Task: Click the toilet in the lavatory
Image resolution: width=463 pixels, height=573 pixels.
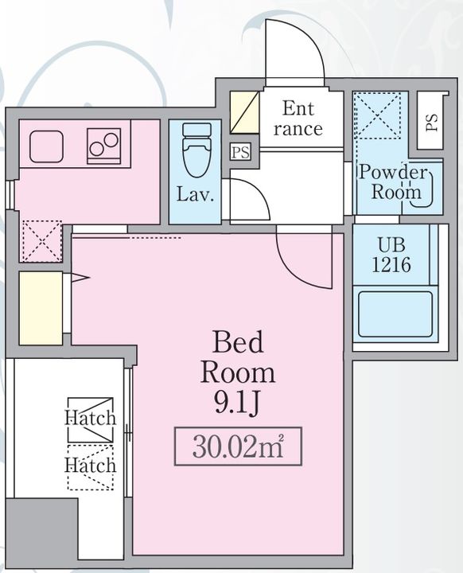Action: click(x=197, y=150)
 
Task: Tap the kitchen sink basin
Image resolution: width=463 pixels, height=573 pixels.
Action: click(x=46, y=146)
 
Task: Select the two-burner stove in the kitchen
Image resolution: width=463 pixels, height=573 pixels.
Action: click(x=103, y=146)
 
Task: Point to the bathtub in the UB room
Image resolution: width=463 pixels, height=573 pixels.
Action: click(x=395, y=314)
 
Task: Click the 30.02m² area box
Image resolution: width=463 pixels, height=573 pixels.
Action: click(x=238, y=446)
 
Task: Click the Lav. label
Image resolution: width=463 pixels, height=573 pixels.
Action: click(x=195, y=194)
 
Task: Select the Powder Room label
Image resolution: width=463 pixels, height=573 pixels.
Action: click(x=394, y=182)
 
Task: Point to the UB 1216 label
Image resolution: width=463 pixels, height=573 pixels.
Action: click(x=391, y=255)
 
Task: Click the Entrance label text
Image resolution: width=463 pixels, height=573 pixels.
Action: click(x=298, y=119)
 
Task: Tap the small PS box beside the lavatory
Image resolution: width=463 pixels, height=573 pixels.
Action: click(x=241, y=152)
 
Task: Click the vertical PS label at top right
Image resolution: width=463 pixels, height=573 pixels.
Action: click(x=431, y=123)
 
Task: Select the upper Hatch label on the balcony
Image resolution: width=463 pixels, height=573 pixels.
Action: click(x=91, y=418)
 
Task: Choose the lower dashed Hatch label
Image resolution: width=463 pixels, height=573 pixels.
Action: click(x=90, y=466)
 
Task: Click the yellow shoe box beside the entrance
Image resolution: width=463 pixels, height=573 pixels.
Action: click(x=244, y=112)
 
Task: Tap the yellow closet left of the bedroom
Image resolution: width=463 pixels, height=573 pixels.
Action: click(x=41, y=308)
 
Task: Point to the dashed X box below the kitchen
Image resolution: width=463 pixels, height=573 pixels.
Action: click(x=41, y=240)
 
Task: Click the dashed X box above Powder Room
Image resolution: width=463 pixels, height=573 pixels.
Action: click(x=376, y=115)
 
